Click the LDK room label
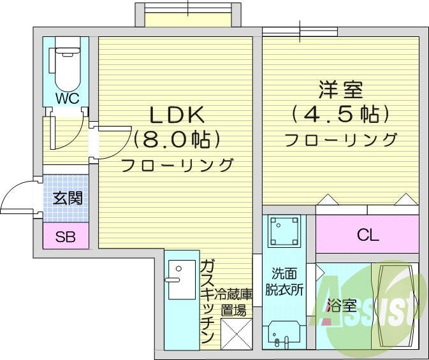177,115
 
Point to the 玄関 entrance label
66,198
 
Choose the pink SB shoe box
65,238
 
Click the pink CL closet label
367,234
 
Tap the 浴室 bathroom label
341,305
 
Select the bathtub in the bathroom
394,304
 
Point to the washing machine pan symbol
284,230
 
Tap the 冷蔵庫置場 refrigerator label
234,303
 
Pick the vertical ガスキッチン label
207,302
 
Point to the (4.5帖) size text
340,115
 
